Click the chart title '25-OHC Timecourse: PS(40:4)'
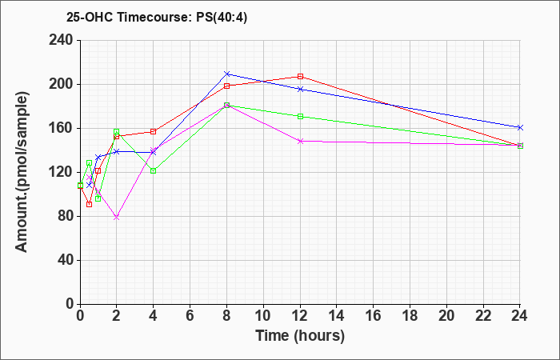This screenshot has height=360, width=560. [157, 18]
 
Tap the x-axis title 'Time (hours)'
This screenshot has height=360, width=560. [300, 336]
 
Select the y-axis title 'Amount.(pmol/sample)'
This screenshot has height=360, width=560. [22, 172]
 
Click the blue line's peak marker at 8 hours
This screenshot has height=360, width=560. [226, 74]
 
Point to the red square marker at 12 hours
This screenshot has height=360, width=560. [300, 77]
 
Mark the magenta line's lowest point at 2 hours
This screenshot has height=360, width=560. [117, 217]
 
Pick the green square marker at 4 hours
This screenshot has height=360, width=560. [154, 170]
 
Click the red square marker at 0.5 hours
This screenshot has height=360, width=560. [90, 204]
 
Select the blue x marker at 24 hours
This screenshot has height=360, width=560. [520, 127]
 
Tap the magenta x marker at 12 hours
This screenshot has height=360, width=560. [300, 141]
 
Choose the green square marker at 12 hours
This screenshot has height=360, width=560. [300, 116]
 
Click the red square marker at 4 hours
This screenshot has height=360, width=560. [154, 131]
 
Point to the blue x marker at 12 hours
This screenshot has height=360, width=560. [300, 90]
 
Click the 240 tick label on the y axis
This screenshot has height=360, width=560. [60, 40]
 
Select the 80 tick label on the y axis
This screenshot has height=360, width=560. [65, 216]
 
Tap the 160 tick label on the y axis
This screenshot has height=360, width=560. [60, 128]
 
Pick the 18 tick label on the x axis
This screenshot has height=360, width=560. [410, 316]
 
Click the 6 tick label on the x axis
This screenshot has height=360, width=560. [190, 316]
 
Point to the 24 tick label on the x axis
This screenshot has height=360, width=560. [519, 316]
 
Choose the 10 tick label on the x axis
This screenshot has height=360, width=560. [263, 316]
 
